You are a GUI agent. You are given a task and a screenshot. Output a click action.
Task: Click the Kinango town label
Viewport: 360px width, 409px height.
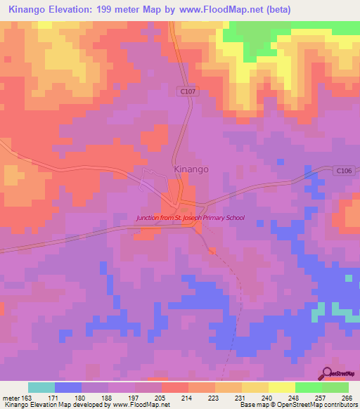[191, 169]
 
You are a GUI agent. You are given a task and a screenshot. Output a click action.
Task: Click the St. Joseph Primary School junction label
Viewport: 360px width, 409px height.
[191, 218]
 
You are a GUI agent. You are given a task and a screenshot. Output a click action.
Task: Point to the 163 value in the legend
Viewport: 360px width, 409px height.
[27, 397]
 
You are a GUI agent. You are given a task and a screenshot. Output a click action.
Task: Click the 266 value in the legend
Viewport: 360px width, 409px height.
[347, 397]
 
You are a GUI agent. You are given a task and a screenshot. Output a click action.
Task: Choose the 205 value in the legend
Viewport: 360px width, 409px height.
[161, 397]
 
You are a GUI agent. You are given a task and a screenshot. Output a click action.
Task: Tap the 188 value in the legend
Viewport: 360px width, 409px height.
[108, 397]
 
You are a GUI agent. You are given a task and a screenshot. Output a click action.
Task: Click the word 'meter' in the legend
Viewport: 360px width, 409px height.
[10, 397]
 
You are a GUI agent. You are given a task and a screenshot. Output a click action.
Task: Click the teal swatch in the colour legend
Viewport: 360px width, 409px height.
[41, 387]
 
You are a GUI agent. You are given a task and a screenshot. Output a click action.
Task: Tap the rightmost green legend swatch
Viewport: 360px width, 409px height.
[335, 387]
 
